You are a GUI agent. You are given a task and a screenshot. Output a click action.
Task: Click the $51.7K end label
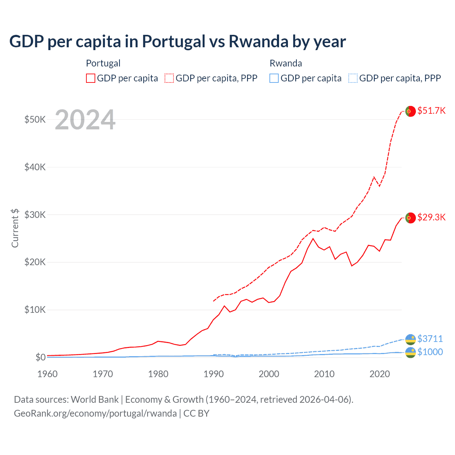tap(431, 111)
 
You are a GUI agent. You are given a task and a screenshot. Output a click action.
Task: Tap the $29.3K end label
tap(431, 217)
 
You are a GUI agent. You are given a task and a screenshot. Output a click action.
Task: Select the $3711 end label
tap(430, 339)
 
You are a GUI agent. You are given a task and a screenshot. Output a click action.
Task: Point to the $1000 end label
tap(430, 352)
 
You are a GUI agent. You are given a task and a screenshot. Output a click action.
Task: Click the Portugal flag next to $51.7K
tap(411, 111)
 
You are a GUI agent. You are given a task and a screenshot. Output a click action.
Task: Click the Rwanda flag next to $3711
tap(411, 339)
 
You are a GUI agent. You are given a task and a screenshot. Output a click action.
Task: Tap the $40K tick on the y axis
tap(35, 167)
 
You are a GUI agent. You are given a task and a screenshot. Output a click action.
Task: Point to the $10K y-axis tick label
tap(35, 310)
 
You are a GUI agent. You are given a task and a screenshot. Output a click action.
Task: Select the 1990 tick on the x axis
tap(214, 374)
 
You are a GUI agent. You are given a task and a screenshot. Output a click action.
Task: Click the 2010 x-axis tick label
tap(324, 374)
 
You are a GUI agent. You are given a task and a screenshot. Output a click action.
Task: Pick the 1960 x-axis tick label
tap(47, 374)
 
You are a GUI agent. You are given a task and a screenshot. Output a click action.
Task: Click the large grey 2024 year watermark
tap(85, 120)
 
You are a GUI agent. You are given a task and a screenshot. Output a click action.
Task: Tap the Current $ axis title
tap(15, 228)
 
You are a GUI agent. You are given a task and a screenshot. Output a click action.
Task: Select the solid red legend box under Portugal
tap(91, 78)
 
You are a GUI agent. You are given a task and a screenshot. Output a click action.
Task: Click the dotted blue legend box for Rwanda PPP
tap(353, 78)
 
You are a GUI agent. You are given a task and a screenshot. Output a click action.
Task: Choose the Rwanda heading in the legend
tap(286, 63)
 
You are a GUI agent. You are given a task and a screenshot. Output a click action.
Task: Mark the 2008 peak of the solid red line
tap(313, 239)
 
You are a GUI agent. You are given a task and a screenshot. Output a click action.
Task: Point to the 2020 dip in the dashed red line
tap(379, 186)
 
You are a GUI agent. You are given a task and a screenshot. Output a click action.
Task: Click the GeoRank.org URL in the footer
tap(95, 413)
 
